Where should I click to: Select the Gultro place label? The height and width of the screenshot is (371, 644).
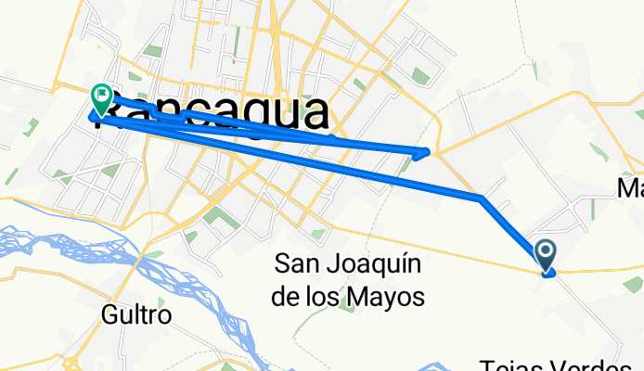click(x=136, y=315)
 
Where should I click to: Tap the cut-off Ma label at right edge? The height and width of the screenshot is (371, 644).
click(x=631, y=188)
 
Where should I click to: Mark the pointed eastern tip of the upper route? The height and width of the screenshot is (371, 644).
click(x=428, y=151)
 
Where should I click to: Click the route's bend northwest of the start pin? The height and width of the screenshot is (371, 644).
click(x=481, y=198)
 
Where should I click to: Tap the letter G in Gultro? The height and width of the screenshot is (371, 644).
click(x=109, y=315)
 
